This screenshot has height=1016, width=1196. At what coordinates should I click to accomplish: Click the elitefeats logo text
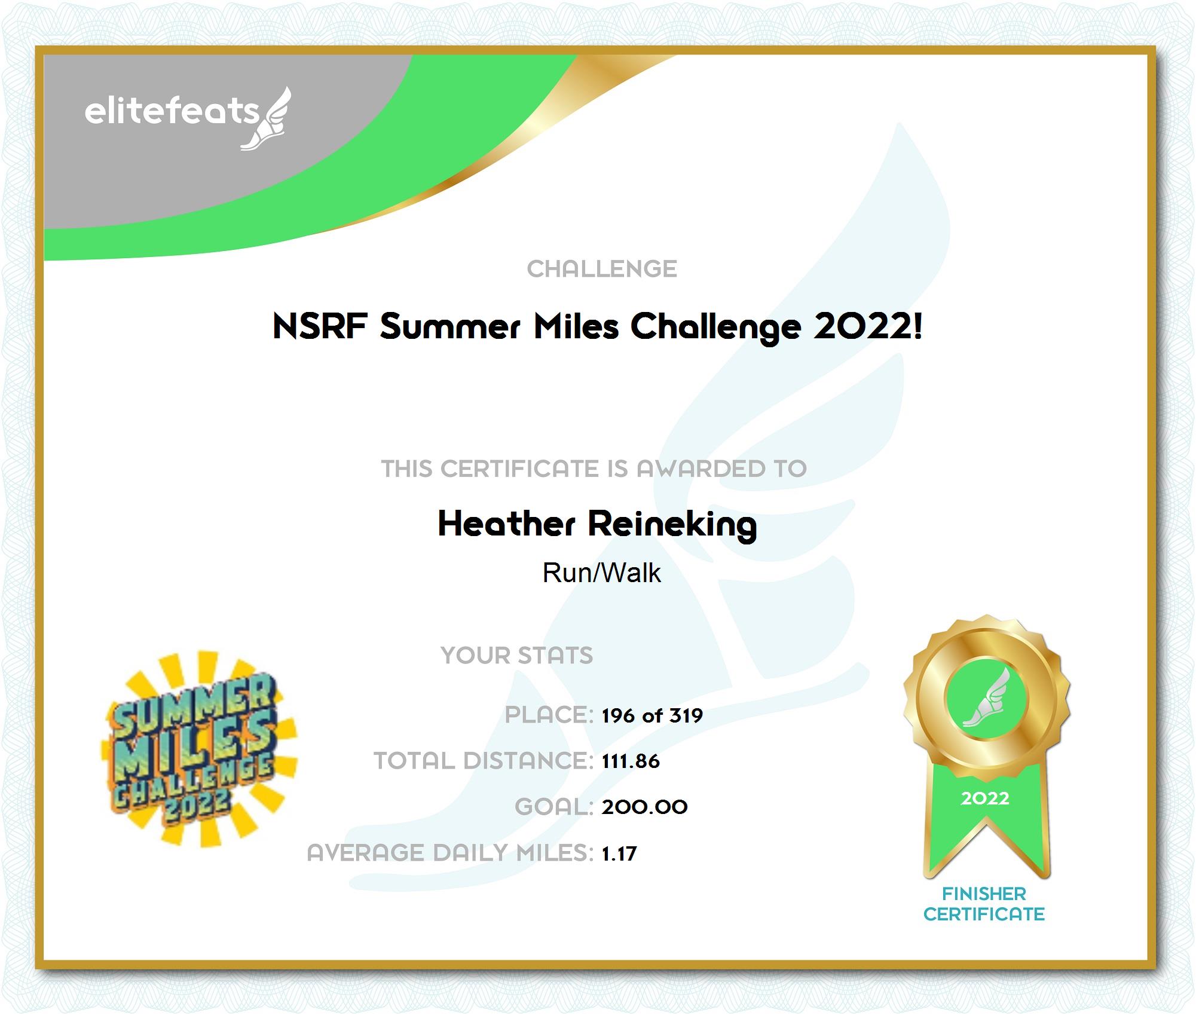(x=172, y=111)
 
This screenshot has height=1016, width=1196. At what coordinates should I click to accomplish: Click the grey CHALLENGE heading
(x=602, y=269)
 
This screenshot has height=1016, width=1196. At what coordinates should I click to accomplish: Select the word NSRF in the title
(x=320, y=326)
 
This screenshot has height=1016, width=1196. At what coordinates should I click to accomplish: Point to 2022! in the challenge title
(x=868, y=326)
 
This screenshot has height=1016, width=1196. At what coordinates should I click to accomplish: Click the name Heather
(x=506, y=524)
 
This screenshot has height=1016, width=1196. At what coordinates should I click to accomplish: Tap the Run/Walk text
(x=601, y=573)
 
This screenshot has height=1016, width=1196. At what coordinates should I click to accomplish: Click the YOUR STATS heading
(x=517, y=656)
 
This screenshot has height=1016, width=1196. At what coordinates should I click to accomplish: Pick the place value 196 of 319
(x=652, y=715)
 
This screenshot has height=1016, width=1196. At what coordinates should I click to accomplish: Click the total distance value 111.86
(x=631, y=761)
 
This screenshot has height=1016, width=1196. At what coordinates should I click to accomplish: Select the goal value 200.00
(x=644, y=807)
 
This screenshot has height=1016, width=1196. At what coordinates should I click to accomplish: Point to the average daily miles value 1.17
(x=619, y=853)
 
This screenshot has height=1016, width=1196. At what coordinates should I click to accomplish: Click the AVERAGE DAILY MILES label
(x=450, y=853)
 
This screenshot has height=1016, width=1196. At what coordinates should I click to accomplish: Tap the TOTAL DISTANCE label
(x=484, y=761)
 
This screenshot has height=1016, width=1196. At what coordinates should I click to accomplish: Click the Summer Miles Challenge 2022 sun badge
(x=199, y=749)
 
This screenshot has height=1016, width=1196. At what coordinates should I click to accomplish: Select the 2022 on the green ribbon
(x=985, y=798)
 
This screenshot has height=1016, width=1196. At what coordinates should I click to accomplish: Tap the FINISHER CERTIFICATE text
(x=984, y=904)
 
